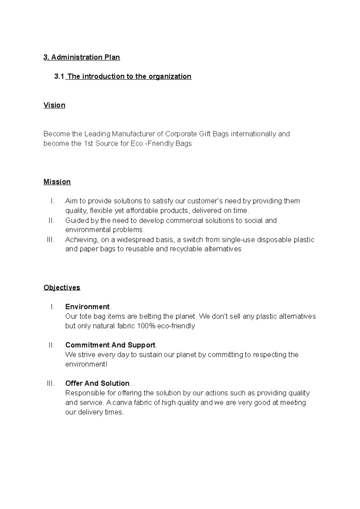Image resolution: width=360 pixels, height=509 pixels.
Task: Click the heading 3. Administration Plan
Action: [82, 57]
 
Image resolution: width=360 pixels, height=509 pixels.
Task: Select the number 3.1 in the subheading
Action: [59, 76]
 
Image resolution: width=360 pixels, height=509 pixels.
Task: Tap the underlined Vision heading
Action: [54, 105]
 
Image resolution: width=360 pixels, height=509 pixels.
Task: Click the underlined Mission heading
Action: [57, 182]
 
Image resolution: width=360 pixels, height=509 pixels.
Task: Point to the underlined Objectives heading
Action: [62, 287]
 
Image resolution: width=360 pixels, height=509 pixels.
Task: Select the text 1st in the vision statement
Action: [88, 144]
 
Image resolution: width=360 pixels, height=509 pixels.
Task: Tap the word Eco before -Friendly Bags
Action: [137, 144]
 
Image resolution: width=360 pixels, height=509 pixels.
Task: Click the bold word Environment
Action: [87, 307]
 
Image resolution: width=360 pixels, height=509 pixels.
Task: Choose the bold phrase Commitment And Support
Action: [110, 345]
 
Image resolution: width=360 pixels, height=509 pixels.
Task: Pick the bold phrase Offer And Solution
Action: [97, 383]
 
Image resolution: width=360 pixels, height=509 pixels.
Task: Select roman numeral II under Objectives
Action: [51, 345]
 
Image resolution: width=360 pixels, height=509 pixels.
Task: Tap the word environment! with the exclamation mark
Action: [86, 364]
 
